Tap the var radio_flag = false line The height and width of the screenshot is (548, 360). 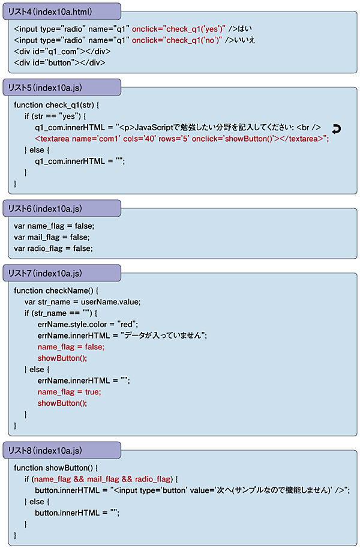pyautogui.click(x=53, y=248)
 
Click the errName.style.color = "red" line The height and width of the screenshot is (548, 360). pyautogui.click(x=88, y=324)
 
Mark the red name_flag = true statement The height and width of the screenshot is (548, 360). pyautogui.click(x=69, y=392)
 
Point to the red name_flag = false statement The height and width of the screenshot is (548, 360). pyautogui.click(x=70, y=347)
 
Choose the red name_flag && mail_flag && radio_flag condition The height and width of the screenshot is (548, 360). pyautogui.click(x=101, y=479)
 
